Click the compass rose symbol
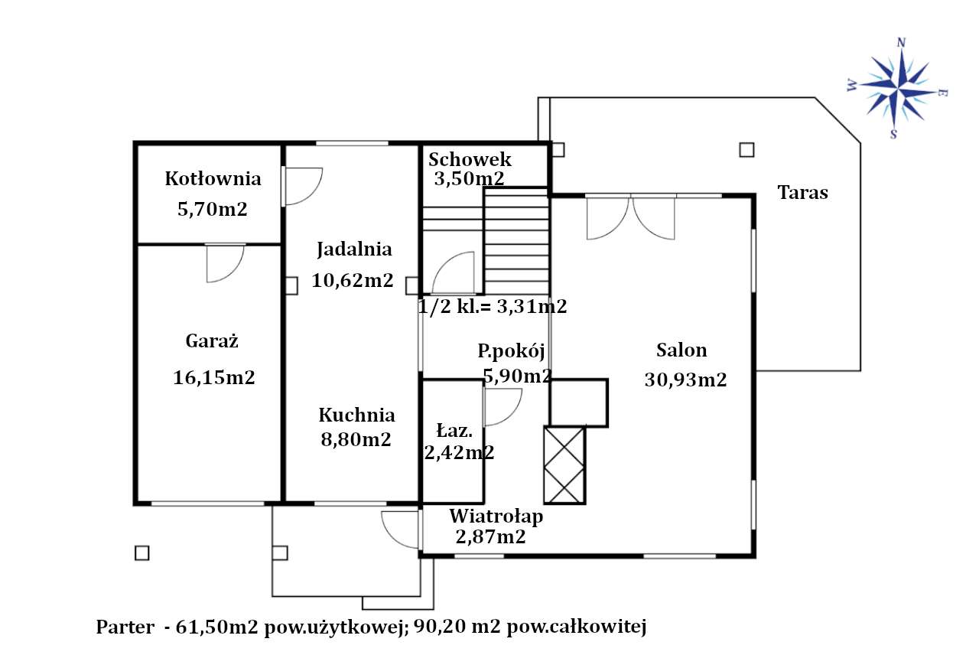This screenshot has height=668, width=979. click(898, 88)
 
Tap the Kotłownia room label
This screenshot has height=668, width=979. click(213, 179)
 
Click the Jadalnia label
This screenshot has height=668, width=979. click(354, 249)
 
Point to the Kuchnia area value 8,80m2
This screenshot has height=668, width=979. click(356, 439)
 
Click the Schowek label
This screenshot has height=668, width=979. click(470, 160)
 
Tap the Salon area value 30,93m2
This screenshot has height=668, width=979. click(685, 380)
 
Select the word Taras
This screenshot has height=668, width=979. click(802, 192)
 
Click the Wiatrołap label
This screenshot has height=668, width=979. click(496, 516)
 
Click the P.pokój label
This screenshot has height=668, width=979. click(511, 351)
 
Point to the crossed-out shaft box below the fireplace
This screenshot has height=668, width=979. click(564, 464)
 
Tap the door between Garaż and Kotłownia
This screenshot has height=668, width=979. click(225, 262)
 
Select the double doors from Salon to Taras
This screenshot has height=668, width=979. click(630, 217)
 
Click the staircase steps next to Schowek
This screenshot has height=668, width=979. click(516, 241)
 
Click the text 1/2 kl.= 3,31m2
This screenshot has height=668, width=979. click(493, 307)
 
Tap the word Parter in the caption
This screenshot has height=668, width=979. click(124, 627)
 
